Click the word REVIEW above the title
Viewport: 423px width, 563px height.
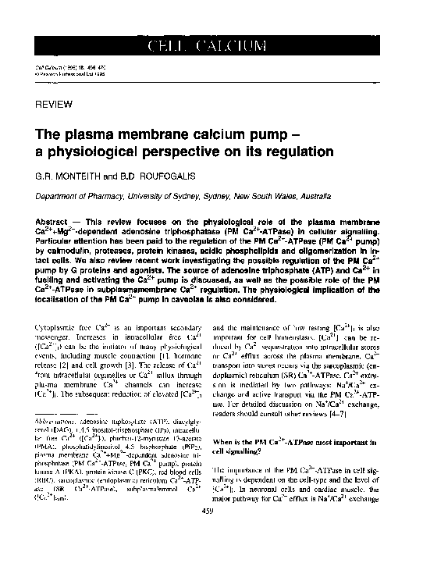click(x=55, y=104)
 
